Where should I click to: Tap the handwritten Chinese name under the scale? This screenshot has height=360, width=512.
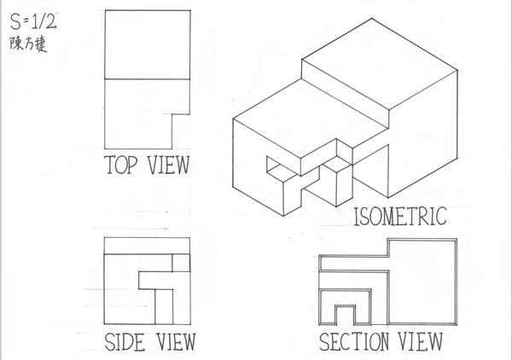(28, 43)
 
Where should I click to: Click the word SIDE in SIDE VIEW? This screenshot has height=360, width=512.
(124, 343)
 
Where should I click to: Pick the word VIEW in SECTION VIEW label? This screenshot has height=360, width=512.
(422, 343)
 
